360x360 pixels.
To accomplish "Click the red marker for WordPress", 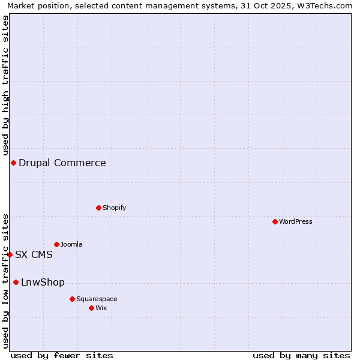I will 275,221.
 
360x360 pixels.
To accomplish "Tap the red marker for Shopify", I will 98,208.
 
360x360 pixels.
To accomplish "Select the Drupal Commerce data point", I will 13,163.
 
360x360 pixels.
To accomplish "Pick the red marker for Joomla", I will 56,244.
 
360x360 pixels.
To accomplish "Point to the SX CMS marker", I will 10,254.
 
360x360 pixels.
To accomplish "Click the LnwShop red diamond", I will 16,282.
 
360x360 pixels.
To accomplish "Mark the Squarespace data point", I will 72,299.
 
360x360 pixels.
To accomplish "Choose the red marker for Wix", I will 91,308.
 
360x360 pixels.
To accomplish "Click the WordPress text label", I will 296,221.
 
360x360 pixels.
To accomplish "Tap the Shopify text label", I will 114,208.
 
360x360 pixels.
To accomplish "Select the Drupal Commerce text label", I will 62,163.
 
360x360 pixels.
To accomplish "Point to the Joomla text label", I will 71,244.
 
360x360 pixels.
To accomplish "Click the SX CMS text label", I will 34,254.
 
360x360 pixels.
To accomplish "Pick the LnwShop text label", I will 43,282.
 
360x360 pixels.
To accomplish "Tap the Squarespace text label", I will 97,299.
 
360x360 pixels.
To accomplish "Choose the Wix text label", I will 101,308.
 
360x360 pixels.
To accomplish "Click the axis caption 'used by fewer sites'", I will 62,355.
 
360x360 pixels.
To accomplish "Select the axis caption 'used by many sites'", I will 301,355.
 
